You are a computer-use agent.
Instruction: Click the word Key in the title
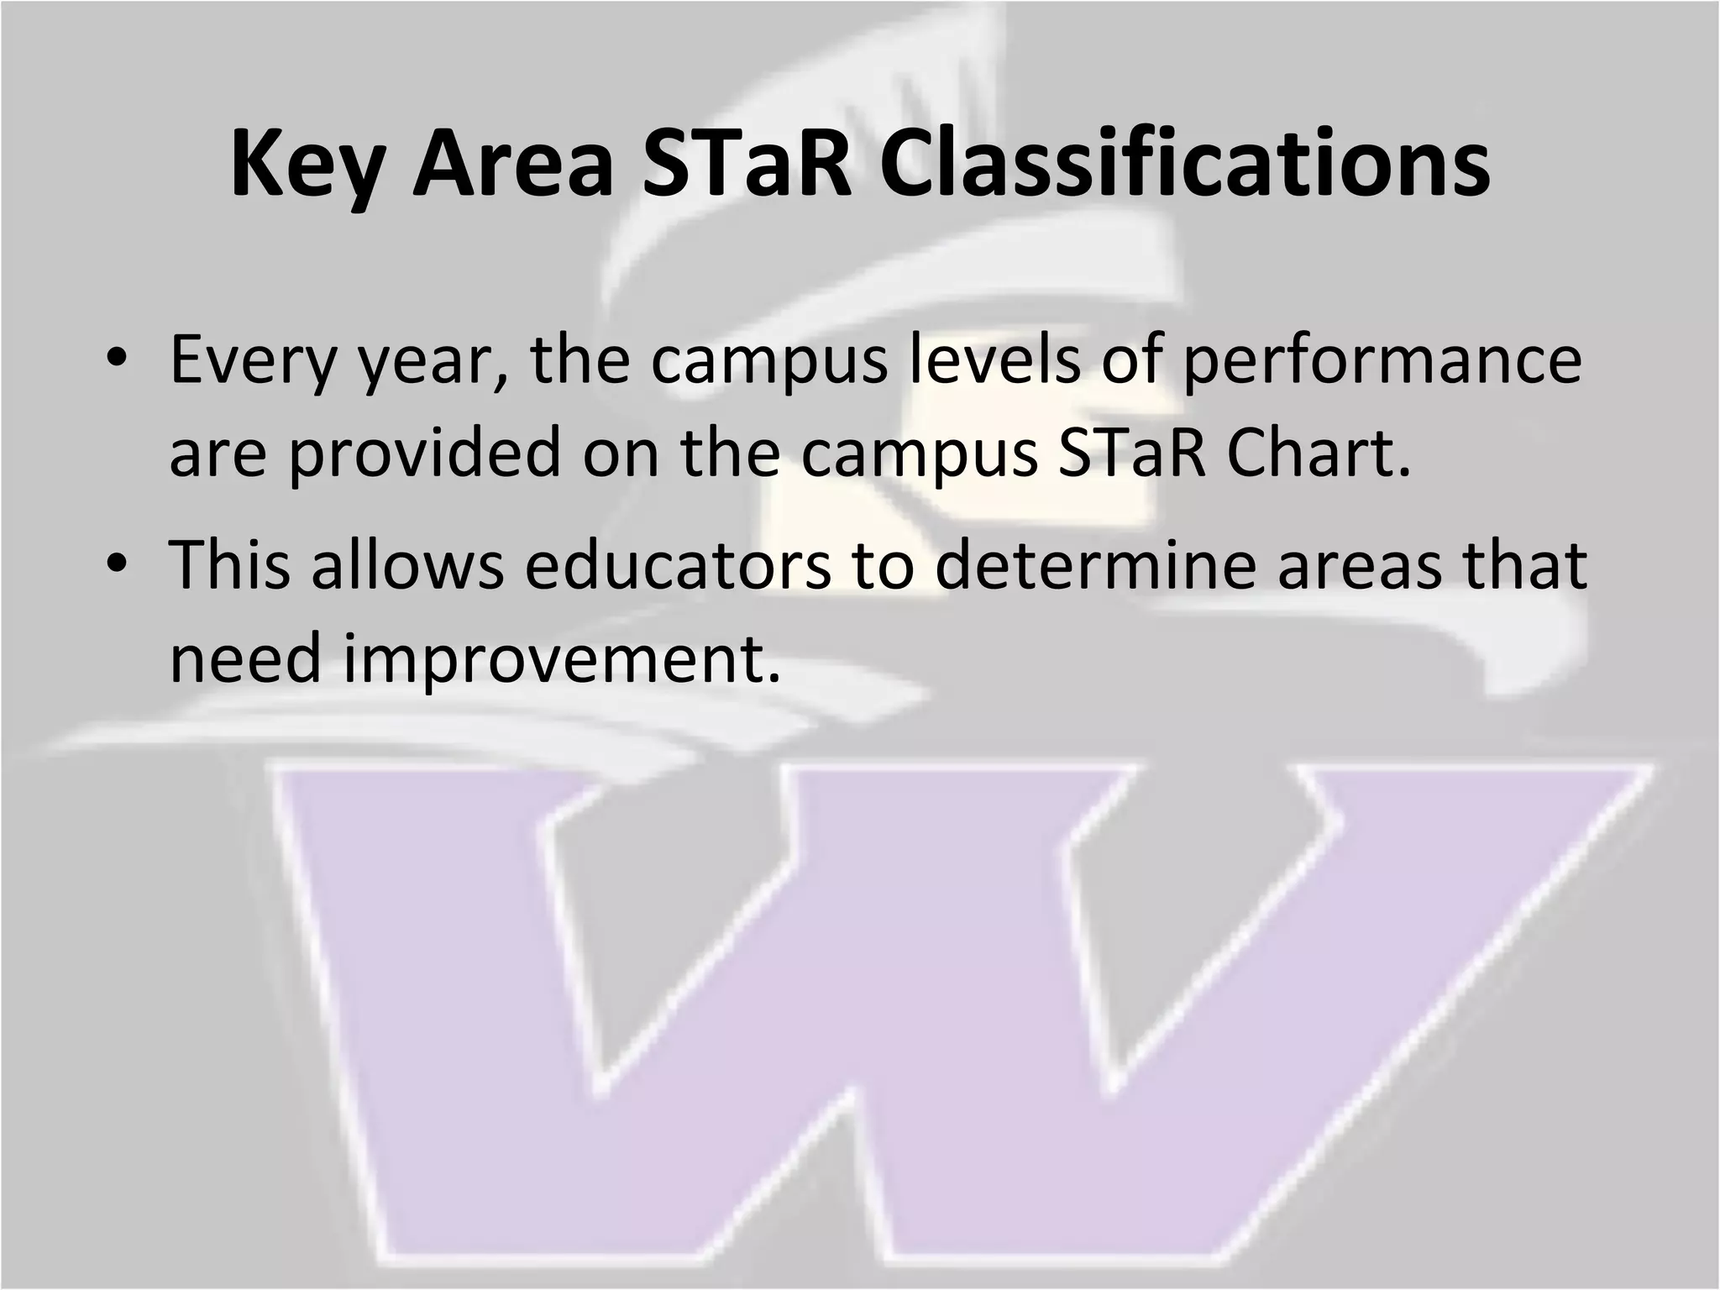[x=307, y=165]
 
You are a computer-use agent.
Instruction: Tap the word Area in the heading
[x=511, y=165]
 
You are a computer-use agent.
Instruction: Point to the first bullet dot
[x=117, y=359]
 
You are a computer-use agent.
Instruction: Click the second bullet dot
[x=117, y=564]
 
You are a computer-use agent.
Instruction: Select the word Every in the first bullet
[x=249, y=359]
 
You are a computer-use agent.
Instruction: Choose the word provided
[x=424, y=454]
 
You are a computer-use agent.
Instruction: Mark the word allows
[x=408, y=564]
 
